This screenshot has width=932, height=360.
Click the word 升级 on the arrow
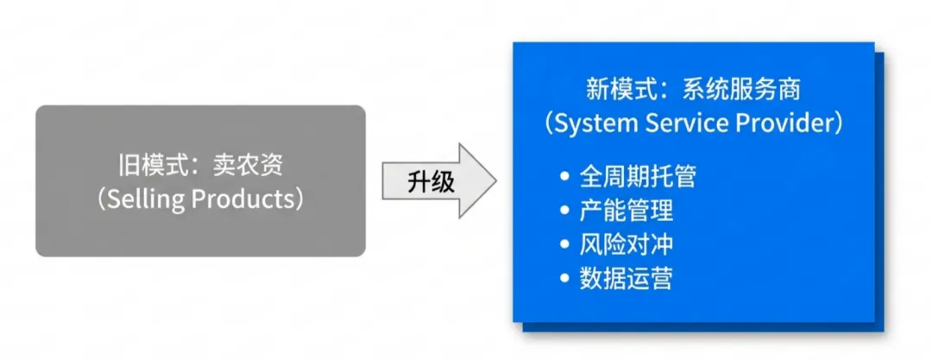(431, 183)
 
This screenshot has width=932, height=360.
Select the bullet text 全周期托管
(638, 177)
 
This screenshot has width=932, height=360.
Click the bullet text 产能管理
(627, 211)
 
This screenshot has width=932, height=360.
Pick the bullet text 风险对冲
(627, 244)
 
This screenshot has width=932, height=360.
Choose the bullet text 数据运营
(627, 278)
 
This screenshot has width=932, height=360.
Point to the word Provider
(782, 123)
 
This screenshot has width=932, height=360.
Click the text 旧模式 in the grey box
(143, 164)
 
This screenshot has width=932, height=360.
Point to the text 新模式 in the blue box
(613, 89)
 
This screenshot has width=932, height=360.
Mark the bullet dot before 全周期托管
(565, 178)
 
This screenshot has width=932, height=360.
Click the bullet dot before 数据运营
(565, 279)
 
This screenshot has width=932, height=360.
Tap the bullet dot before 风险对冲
(565, 245)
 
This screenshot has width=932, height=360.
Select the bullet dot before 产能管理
(565, 212)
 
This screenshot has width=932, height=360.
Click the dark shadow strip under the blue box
(708, 327)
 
